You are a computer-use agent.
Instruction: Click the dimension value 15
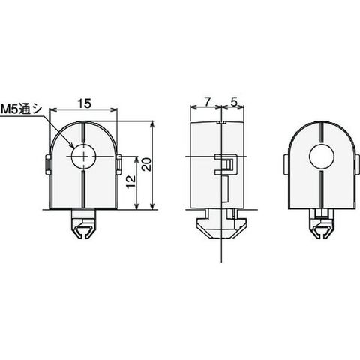point(84,103)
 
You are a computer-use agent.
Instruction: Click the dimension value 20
point(147,164)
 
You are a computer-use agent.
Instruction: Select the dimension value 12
point(131,182)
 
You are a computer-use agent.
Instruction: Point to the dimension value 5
point(234,102)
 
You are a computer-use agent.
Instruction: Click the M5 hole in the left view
point(84,157)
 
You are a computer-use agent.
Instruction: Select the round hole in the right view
point(322,157)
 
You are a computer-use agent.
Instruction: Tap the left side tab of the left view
point(47,165)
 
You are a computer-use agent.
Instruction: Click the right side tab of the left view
point(119,164)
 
